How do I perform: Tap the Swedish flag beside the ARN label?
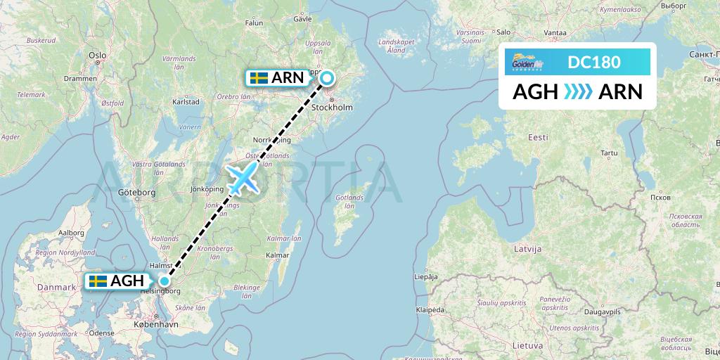tap(259, 78)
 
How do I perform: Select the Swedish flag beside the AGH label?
tap(98, 281)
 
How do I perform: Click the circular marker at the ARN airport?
tap(328, 78)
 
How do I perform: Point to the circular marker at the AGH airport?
tap(164, 281)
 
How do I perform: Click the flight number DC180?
tap(594, 63)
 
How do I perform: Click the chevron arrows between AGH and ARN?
tap(578, 91)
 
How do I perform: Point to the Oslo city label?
tap(97, 55)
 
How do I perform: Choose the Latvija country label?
tap(527, 249)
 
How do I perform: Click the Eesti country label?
tap(539, 137)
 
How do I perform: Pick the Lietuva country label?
tap(527, 345)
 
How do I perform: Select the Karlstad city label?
tap(186, 101)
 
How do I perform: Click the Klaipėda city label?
tap(430, 309)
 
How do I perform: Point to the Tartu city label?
tap(609, 153)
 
